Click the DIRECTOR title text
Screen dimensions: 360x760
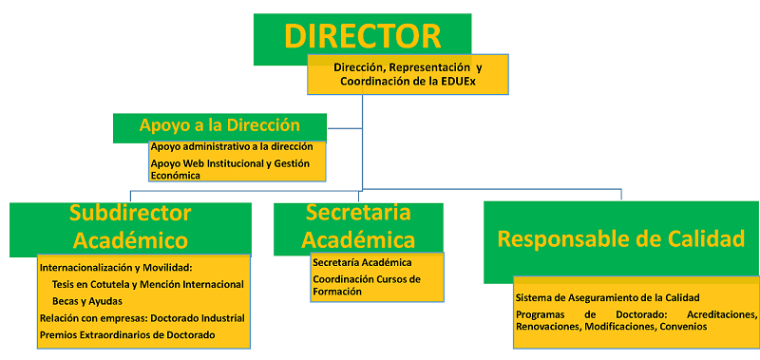coord(362,36)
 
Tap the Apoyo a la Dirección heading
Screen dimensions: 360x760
coord(219,125)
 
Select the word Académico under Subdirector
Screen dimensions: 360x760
coord(130,239)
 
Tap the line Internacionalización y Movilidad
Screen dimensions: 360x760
coord(115,267)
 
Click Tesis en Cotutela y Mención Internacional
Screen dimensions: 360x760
coord(147,284)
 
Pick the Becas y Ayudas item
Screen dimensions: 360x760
coord(86,300)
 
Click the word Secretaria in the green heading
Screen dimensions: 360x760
coord(358,212)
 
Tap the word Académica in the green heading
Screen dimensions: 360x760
coord(358,239)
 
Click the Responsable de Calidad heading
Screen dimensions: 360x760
coord(621,239)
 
